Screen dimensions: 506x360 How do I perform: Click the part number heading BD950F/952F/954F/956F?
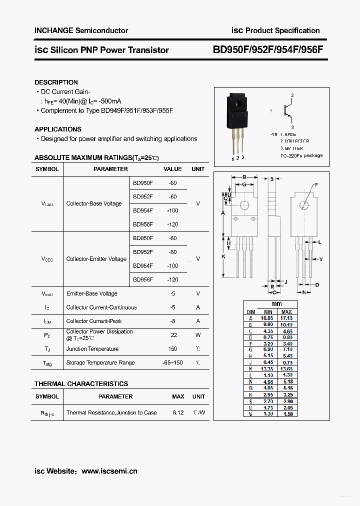point(268,50)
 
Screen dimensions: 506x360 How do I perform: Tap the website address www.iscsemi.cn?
point(109,471)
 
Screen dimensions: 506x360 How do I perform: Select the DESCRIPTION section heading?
point(56,82)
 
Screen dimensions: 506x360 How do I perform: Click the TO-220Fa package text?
point(301,155)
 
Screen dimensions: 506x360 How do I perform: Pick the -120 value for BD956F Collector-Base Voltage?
point(172,224)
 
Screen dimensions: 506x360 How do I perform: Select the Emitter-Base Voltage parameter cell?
point(92,293)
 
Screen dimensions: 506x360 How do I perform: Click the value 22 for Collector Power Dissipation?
point(173,335)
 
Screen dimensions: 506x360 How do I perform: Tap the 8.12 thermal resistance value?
point(178,412)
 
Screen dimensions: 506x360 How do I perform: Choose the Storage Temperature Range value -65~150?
point(172,362)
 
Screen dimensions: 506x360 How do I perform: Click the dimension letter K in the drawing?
point(223,256)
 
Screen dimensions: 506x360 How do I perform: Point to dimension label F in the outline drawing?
point(316,185)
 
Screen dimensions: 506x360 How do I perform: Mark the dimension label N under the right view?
point(303,292)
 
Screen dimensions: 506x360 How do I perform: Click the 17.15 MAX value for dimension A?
point(286,318)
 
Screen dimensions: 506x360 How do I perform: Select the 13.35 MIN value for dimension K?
point(267,368)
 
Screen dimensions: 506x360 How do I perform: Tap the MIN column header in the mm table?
point(267,311)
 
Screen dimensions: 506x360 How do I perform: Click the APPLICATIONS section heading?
point(58,129)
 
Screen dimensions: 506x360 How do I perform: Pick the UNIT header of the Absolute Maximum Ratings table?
point(198,169)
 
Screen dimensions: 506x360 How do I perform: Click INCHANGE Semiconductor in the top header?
point(81,30)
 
